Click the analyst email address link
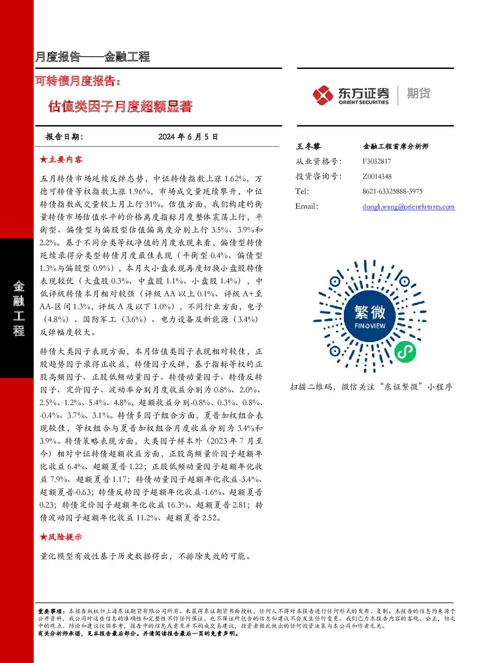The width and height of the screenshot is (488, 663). tap(408, 207)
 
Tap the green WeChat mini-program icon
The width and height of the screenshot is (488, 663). tap(405, 351)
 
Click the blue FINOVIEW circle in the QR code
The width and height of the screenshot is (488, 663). tap(370, 316)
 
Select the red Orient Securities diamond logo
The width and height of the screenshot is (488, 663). tap(323, 95)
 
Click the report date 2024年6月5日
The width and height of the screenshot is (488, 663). tap(188, 137)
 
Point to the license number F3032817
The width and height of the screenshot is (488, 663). tap(377, 161)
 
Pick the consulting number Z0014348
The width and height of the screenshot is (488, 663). tap(377, 176)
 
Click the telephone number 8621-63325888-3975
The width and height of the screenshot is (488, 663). tap(393, 191)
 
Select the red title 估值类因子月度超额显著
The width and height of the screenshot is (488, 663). tap(121, 106)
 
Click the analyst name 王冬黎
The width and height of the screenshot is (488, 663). tap(308, 146)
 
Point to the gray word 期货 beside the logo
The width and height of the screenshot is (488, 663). tap(419, 93)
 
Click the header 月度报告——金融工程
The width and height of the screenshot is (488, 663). tap(92, 57)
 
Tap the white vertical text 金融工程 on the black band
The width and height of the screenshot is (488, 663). tap(19, 308)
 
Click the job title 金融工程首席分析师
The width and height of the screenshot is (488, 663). tap(396, 146)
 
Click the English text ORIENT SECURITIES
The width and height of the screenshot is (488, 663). tap(364, 102)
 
